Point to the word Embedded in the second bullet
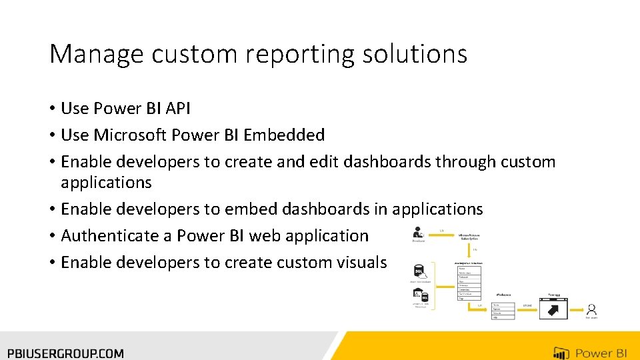284,135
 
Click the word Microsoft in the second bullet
130,135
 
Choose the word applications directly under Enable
106,182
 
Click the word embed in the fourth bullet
251,209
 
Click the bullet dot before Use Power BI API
52,109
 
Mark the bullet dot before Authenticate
52,236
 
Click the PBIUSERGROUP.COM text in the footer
66,353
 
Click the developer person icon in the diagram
418,233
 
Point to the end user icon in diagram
591,309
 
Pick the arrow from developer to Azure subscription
441,234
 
